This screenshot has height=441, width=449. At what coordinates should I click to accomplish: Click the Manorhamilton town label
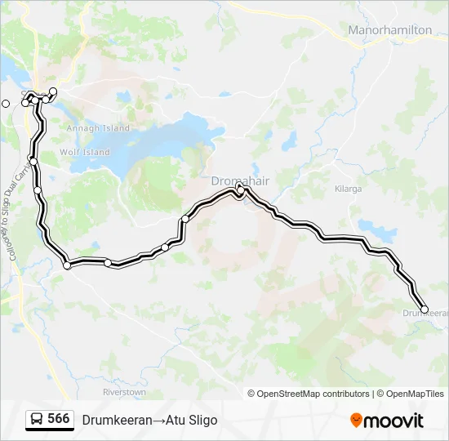389,29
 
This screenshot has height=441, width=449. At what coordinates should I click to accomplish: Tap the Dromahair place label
236,180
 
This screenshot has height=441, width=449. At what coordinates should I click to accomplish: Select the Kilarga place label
348,189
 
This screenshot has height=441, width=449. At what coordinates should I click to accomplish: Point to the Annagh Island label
98,128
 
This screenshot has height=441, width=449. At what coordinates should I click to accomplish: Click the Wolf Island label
84,152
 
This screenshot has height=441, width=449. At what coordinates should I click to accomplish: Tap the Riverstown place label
124,392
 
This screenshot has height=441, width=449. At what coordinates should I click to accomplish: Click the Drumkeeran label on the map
425,314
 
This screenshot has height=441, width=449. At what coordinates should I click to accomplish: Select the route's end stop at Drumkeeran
424,309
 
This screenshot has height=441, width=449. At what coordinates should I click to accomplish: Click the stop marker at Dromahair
240,189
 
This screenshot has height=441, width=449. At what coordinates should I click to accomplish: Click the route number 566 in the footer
58,419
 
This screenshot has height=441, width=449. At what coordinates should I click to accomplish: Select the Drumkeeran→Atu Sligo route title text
149,420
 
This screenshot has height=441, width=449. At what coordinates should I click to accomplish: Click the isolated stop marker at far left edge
6,103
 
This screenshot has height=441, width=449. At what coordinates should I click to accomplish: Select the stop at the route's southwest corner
67,265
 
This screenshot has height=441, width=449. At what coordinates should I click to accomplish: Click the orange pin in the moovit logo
356,421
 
